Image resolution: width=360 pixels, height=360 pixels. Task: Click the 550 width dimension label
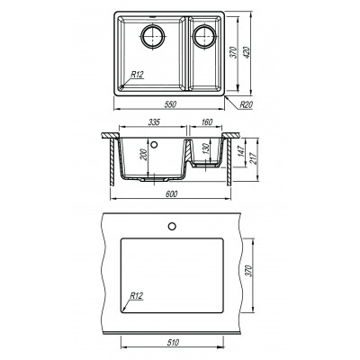170,104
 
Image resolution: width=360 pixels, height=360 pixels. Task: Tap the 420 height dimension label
247,52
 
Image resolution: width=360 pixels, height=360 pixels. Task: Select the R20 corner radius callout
247,104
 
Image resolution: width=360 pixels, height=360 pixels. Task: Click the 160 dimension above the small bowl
207,122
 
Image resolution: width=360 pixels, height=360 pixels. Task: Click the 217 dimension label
254,159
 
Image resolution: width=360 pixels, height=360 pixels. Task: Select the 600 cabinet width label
172,194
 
